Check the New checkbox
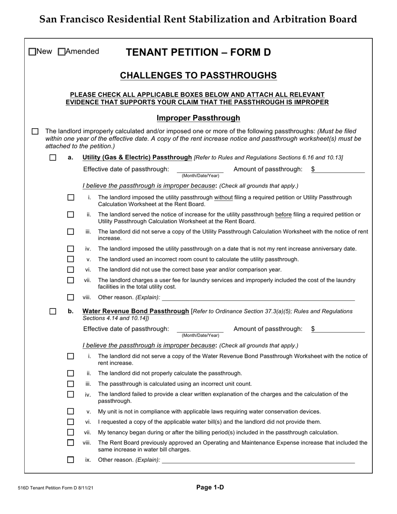pos(32,52)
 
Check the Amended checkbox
pos(62,52)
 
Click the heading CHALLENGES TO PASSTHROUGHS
pos(198,75)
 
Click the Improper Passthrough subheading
pos(198,118)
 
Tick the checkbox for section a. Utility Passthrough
pos(53,158)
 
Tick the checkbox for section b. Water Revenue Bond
pos(53,311)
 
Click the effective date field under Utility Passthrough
pos(200,169)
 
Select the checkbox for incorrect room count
pos(71,259)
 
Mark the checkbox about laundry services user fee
pos(71,280)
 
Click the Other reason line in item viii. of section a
pos(258,298)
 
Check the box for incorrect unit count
pos(71,384)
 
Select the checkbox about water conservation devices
pos(71,411)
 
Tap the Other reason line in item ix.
pos(258,460)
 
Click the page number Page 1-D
pos(210,487)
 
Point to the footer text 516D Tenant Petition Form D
pos(59,488)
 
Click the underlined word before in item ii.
pos(283,214)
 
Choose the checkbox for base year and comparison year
pos(71,270)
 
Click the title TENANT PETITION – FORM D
pos(198,52)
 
